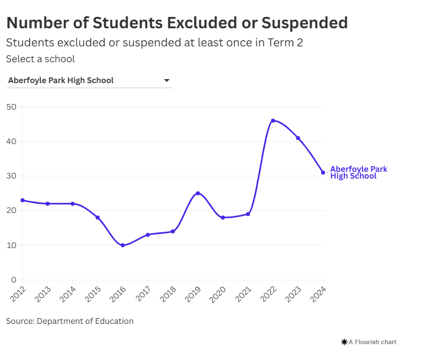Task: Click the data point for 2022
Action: pyautogui.click(x=273, y=120)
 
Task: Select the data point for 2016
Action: pyautogui.click(x=122, y=245)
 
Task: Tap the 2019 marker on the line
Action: pyautogui.click(x=197, y=193)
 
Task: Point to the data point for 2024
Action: pyautogui.click(x=323, y=172)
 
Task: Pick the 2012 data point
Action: pyautogui.click(x=22, y=200)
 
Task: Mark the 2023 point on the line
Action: pyautogui.click(x=298, y=138)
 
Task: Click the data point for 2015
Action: pyautogui.click(x=97, y=218)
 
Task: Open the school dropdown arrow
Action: pyautogui.click(x=167, y=80)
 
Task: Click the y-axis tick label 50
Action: pyautogui.click(x=11, y=107)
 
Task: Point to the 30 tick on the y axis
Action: pyautogui.click(x=11, y=176)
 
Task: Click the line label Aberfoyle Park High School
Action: pyautogui.click(x=358, y=172)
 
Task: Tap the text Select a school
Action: pyautogui.click(x=40, y=59)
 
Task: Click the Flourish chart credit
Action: pyautogui.click(x=369, y=342)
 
